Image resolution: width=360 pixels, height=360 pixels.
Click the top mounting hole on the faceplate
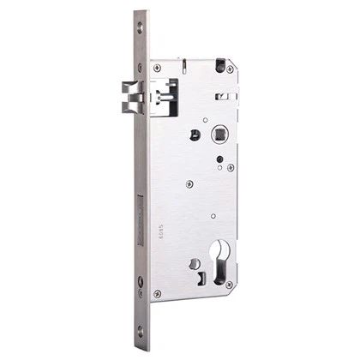(x=141, y=27)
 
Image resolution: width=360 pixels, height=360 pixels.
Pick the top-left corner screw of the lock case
(x=157, y=68)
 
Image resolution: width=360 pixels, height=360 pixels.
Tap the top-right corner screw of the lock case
(x=229, y=69)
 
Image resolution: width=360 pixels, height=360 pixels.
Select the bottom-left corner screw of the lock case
(x=157, y=293)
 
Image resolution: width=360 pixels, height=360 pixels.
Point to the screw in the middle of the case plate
(x=189, y=183)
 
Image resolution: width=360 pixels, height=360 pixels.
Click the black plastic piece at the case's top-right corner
(x=222, y=63)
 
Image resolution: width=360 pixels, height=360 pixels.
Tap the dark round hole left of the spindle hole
(x=195, y=134)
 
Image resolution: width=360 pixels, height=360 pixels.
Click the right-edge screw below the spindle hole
(x=231, y=167)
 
